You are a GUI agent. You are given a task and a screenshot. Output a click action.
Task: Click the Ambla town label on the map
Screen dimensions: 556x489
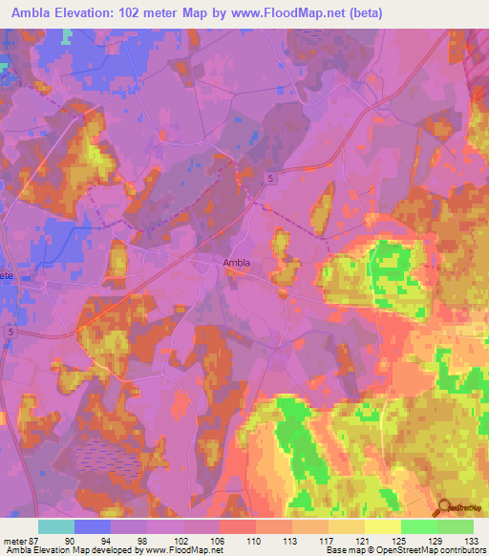click(238, 269)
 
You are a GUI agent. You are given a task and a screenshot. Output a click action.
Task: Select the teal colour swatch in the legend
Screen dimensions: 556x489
click(56, 526)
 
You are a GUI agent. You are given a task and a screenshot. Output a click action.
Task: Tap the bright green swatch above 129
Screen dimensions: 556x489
click(419, 526)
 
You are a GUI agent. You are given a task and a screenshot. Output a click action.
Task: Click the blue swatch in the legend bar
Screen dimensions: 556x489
click(93, 526)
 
